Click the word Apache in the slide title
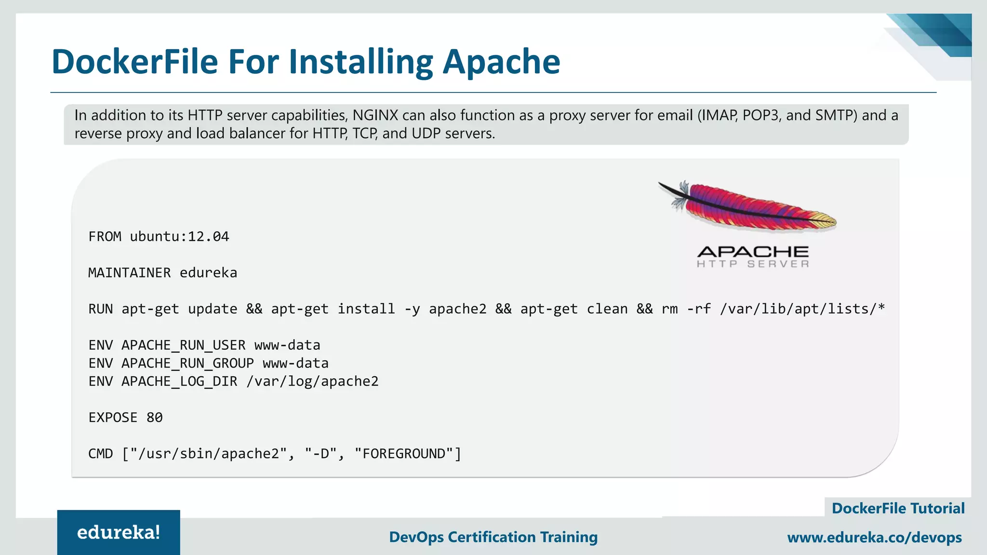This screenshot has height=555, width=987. click(x=501, y=62)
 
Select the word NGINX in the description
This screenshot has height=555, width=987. click(x=375, y=116)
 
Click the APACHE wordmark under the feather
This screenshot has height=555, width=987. click(x=753, y=251)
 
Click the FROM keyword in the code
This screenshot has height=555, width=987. click(x=105, y=237)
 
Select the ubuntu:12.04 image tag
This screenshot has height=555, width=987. click(x=179, y=237)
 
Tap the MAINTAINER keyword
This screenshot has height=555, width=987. click(x=129, y=273)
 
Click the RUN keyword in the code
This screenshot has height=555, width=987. click(x=101, y=309)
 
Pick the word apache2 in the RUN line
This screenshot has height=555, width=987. click(x=457, y=309)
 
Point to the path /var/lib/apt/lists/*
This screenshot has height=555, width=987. click(x=802, y=309)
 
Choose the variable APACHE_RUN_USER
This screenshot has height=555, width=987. click(x=183, y=345)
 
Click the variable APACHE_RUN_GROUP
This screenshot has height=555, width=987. click(x=187, y=363)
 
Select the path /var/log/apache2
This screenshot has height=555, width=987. click(x=312, y=381)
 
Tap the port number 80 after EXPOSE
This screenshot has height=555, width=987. click(x=154, y=417)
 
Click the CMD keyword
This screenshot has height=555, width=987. click(x=101, y=453)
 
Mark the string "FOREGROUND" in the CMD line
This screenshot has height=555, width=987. click(x=403, y=453)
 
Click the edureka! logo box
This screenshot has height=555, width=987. click(x=119, y=532)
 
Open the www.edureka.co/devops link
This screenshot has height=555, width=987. click(x=874, y=537)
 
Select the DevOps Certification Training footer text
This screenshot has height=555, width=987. click(x=493, y=537)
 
